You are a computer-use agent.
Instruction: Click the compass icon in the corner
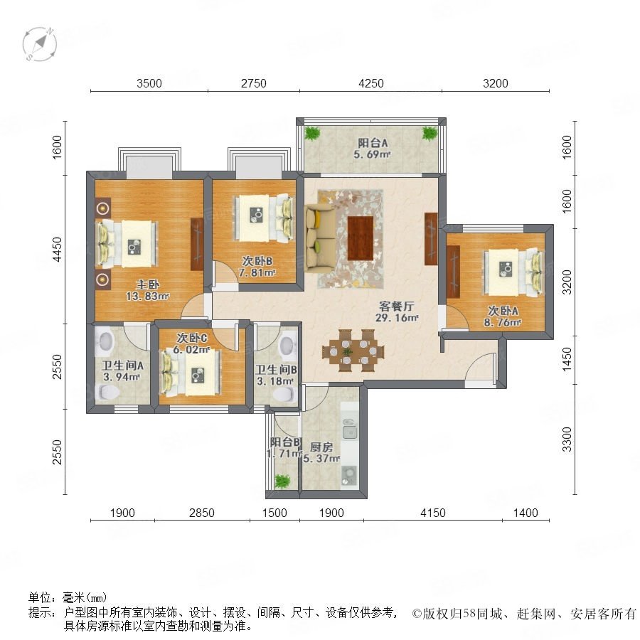point(40,43)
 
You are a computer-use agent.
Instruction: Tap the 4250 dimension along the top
point(371,83)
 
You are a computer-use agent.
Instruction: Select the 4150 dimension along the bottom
point(432,513)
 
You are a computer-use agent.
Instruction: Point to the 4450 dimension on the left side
point(57,250)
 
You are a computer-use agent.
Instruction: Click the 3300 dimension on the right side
point(567,439)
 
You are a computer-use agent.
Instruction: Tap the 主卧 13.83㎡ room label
point(147,290)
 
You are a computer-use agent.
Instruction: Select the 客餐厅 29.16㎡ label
point(397,312)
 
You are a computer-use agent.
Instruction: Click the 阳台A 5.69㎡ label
point(372,149)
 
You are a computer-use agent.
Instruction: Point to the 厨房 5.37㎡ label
point(321,453)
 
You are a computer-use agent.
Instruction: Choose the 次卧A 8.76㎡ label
point(503,316)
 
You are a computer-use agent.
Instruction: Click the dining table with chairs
point(353,351)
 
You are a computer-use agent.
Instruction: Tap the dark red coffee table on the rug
point(361,238)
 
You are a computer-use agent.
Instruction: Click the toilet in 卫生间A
point(107,393)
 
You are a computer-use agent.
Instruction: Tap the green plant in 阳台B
point(282,481)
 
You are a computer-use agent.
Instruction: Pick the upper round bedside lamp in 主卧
point(103,208)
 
